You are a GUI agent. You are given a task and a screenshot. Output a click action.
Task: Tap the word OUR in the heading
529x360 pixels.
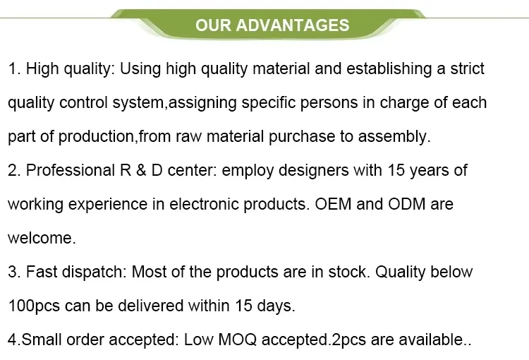click(213, 25)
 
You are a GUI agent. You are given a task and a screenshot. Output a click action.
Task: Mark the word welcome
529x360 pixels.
click(40, 239)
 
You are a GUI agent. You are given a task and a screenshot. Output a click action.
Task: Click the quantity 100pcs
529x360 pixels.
click(33, 306)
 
